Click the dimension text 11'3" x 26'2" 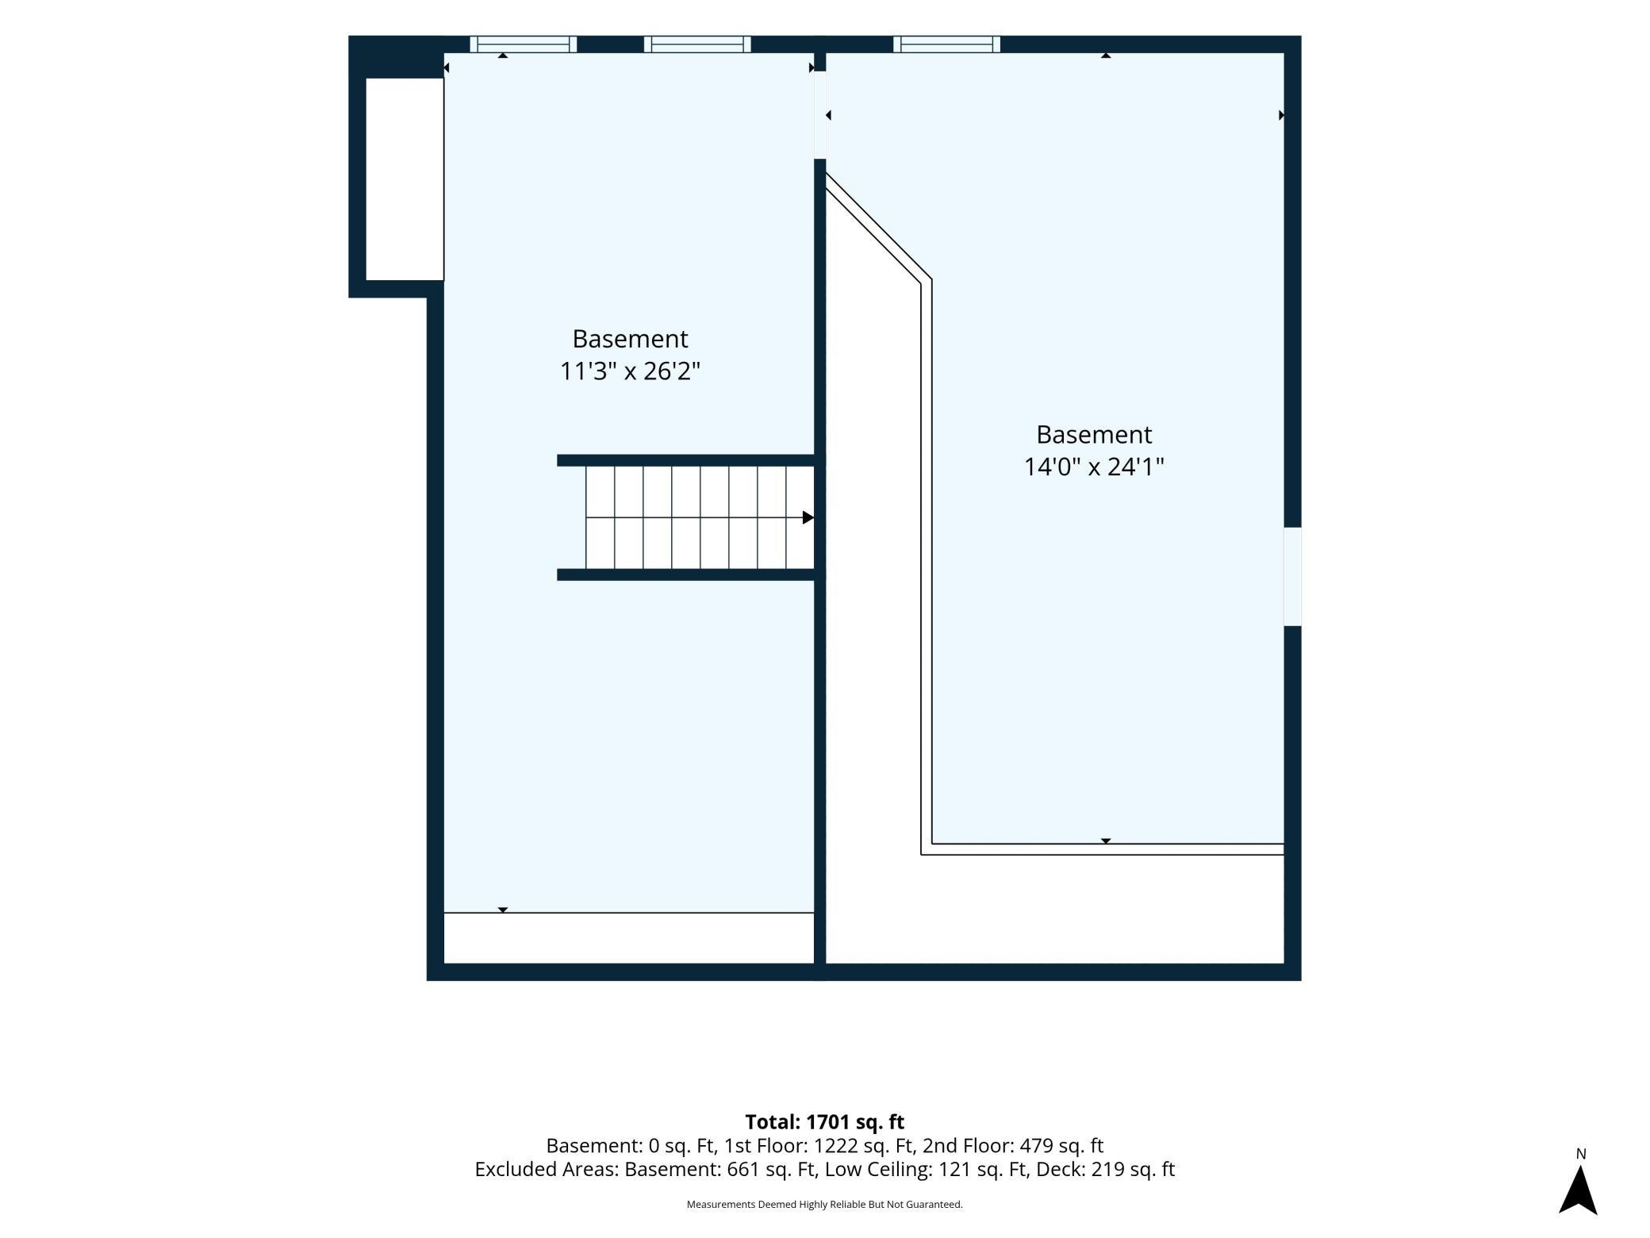click(630, 371)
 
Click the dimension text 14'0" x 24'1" click(1094, 467)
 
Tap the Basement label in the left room click(630, 339)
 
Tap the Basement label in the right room click(1094, 434)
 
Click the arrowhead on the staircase click(808, 517)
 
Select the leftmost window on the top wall click(523, 44)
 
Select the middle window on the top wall click(697, 44)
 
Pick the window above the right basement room click(946, 44)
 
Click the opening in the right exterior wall click(1292, 576)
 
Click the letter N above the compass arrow click(1580, 1154)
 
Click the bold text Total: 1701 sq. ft click(824, 1121)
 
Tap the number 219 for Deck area click(1108, 1169)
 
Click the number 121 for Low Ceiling click(955, 1169)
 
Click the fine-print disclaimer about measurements click(824, 1204)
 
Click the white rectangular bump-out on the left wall click(405, 179)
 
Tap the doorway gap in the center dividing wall click(820, 115)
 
